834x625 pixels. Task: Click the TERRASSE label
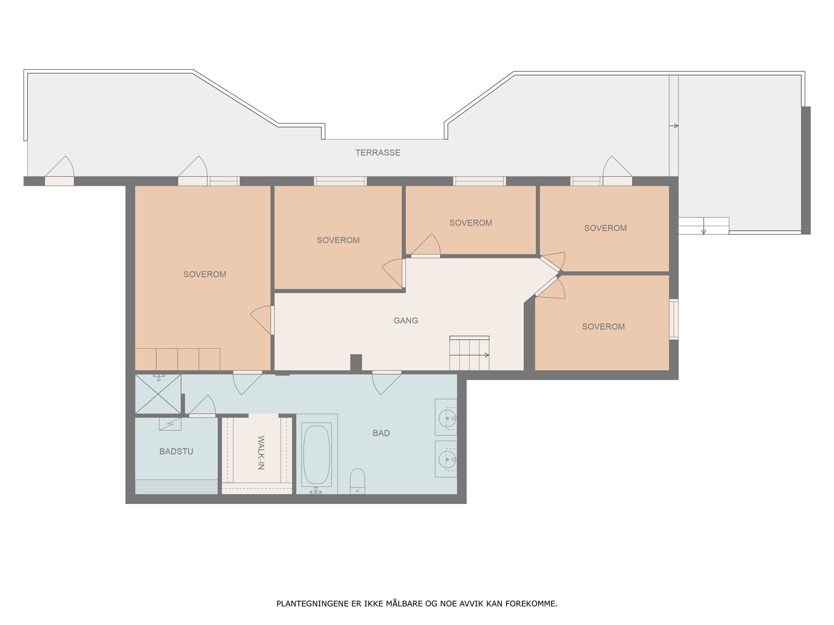pyautogui.click(x=378, y=153)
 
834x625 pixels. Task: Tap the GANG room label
pyautogui.click(x=406, y=321)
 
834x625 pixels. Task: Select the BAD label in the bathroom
pyautogui.click(x=381, y=433)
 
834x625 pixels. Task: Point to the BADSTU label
pyautogui.click(x=176, y=451)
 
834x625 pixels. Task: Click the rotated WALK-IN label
pyautogui.click(x=261, y=452)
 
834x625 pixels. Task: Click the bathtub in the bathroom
pyautogui.click(x=316, y=454)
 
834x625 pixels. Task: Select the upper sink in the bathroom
pyautogui.click(x=446, y=417)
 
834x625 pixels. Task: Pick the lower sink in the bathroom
pyautogui.click(x=446, y=459)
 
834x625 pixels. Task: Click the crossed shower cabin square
pyautogui.click(x=158, y=394)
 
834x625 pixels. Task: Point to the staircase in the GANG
pyautogui.click(x=469, y=353)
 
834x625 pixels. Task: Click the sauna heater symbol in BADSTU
pyautogui.click(x=170, y=424)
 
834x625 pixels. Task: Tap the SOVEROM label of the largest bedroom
pyautogui.click(x=204, y=274)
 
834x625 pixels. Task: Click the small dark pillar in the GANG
pyautogui.click(x=355, y=362)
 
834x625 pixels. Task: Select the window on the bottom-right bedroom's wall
pyautogui.click(x=673, y=319)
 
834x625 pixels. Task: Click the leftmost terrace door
pyautogui.click(x=59, y=181)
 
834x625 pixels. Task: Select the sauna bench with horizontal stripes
pyautogui.click(x=176, y=487)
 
